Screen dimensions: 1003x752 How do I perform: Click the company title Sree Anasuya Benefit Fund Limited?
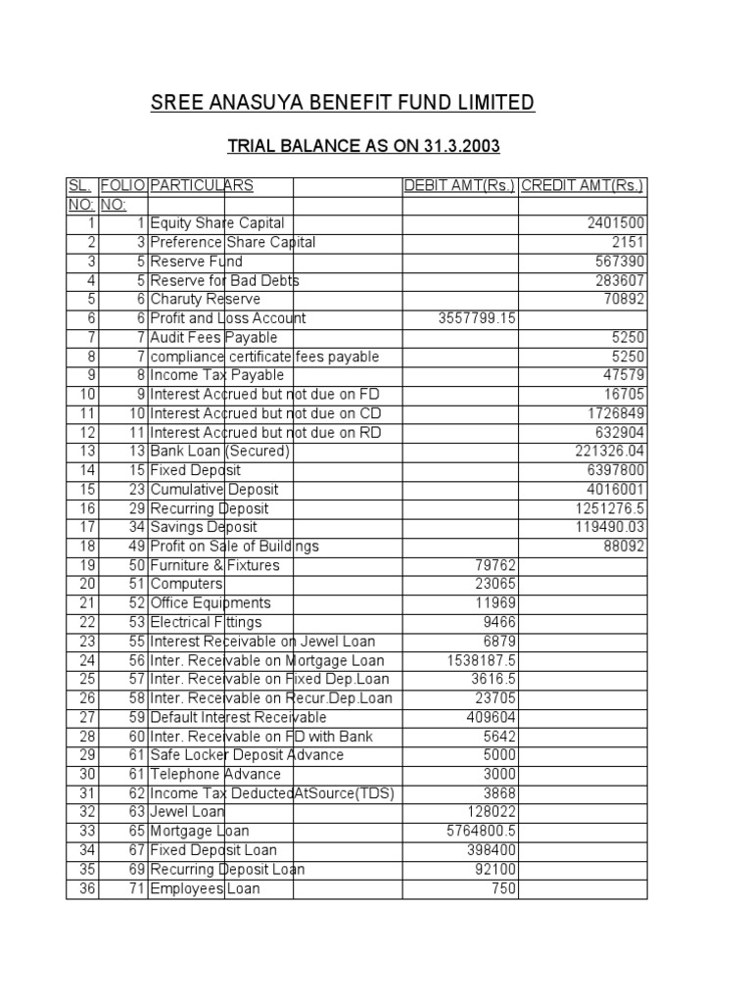[343, 103]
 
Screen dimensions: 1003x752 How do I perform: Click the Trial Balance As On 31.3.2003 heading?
[363, 147]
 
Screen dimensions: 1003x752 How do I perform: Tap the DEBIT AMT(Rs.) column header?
[459, 186]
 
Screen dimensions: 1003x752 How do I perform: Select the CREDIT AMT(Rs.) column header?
[583, 186]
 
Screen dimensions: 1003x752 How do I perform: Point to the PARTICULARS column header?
[202, 186]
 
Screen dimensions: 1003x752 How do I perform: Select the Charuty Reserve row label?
[205, 300]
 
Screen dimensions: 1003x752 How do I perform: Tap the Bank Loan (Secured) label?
[219, 452]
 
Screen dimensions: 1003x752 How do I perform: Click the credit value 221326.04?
[610, 452]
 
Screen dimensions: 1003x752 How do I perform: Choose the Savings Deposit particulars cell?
[204, 527]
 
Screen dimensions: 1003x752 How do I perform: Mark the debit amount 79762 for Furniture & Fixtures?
[495, 565]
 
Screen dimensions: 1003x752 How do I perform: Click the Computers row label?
[187, 584]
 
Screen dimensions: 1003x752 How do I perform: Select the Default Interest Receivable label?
[238, 717]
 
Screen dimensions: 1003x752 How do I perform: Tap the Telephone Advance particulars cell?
[215, 774]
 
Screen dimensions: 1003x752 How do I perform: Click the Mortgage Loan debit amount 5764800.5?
[482, 831]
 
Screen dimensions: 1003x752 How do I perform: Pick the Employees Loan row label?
[206, 888]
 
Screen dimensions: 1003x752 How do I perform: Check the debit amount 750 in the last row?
[504, 888]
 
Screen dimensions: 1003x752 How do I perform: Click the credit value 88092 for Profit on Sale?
[625, 546]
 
